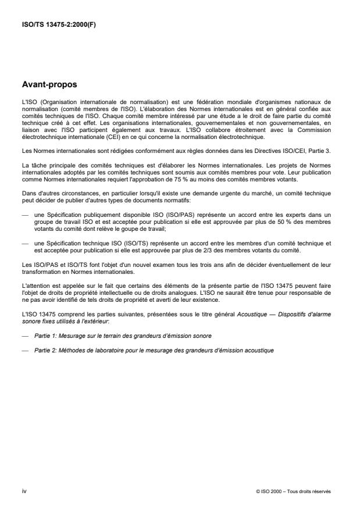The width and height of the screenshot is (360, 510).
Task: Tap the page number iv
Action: tap(23, 491)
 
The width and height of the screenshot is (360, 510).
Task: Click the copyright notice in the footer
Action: tap(293, 491)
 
